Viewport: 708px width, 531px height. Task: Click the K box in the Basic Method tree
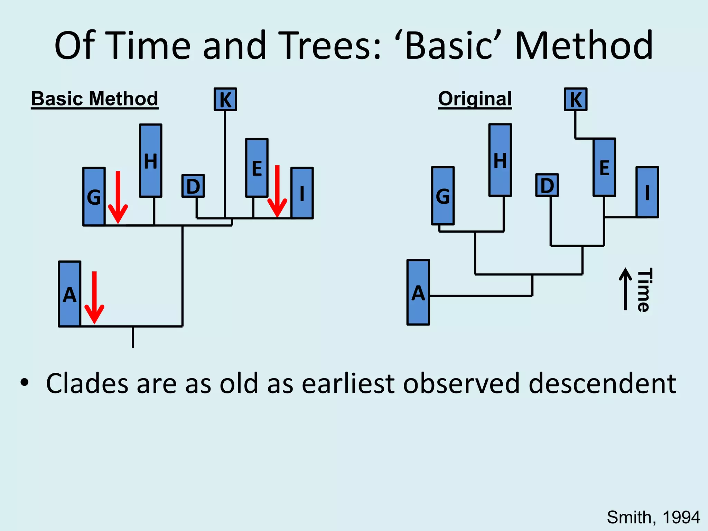coord(225,100)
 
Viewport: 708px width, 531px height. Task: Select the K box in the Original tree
coord(576,100)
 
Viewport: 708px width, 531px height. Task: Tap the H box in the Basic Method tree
coord(151,161)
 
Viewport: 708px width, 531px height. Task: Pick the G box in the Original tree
coord(443,196)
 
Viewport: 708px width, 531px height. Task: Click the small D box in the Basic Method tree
coord(193,186)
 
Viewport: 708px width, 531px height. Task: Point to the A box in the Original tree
coord(418,292)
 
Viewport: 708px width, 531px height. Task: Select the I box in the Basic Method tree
coord(302,193)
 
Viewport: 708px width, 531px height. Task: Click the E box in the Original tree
coord(604,167)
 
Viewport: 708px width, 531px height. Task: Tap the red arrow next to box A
coord(94,298)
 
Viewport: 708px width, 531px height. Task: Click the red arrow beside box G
coord(118,197)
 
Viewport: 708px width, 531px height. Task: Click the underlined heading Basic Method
coord(94,99)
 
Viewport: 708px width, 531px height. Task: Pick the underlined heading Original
coord(475,99)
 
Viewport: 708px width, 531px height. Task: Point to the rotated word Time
coord(644,290)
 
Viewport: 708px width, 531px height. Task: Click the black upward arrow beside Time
coord(625,289)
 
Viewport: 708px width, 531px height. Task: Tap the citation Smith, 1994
coord(653,518)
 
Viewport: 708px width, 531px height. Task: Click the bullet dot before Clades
coord(24,383)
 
